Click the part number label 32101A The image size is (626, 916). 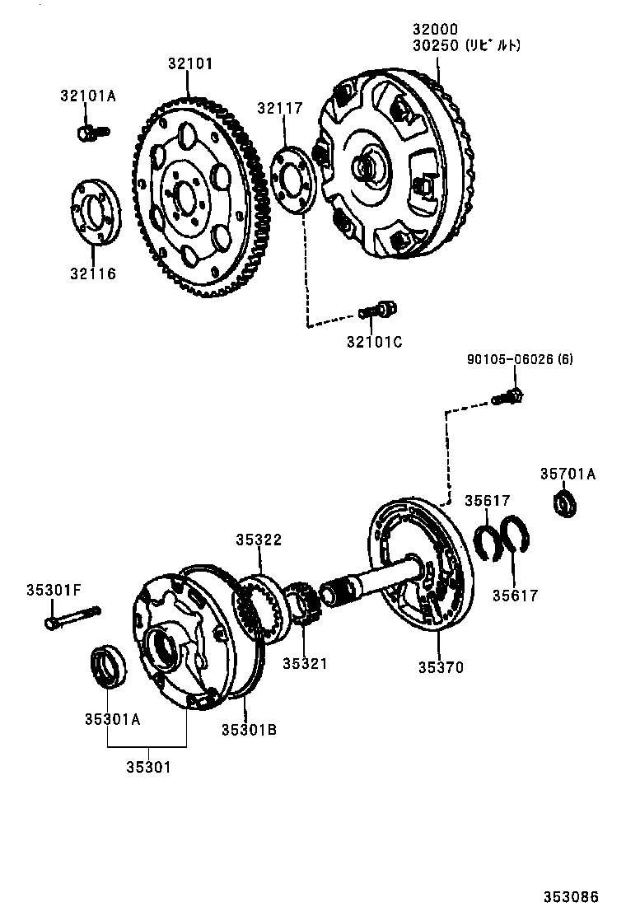[87, 96]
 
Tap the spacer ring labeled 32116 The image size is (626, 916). [95, 211]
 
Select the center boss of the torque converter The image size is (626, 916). [365, 168]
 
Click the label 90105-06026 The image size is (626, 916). [507, 359]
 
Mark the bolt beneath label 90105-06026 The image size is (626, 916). [508, 397]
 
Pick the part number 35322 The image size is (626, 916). [259, 540]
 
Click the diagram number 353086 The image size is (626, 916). [569, 897]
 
